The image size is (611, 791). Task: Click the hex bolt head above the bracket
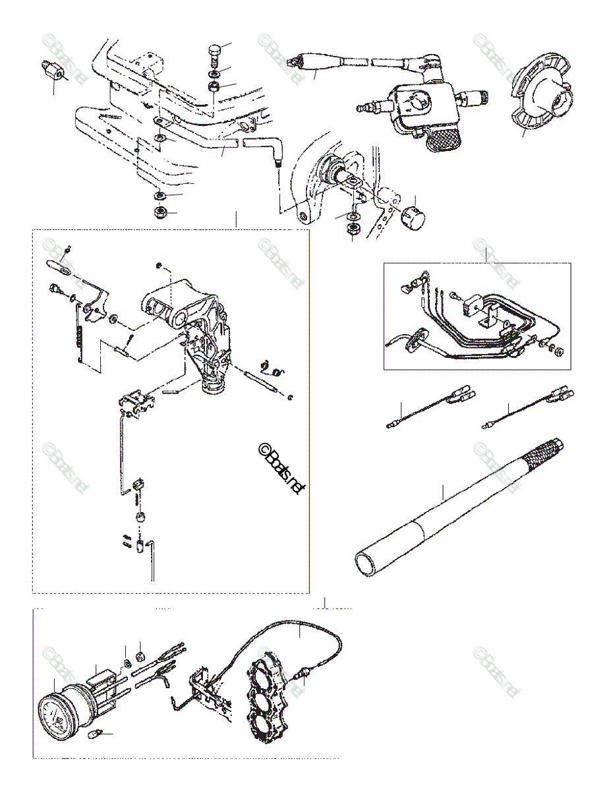pos(215,51)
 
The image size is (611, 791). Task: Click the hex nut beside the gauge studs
pos(139,656)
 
